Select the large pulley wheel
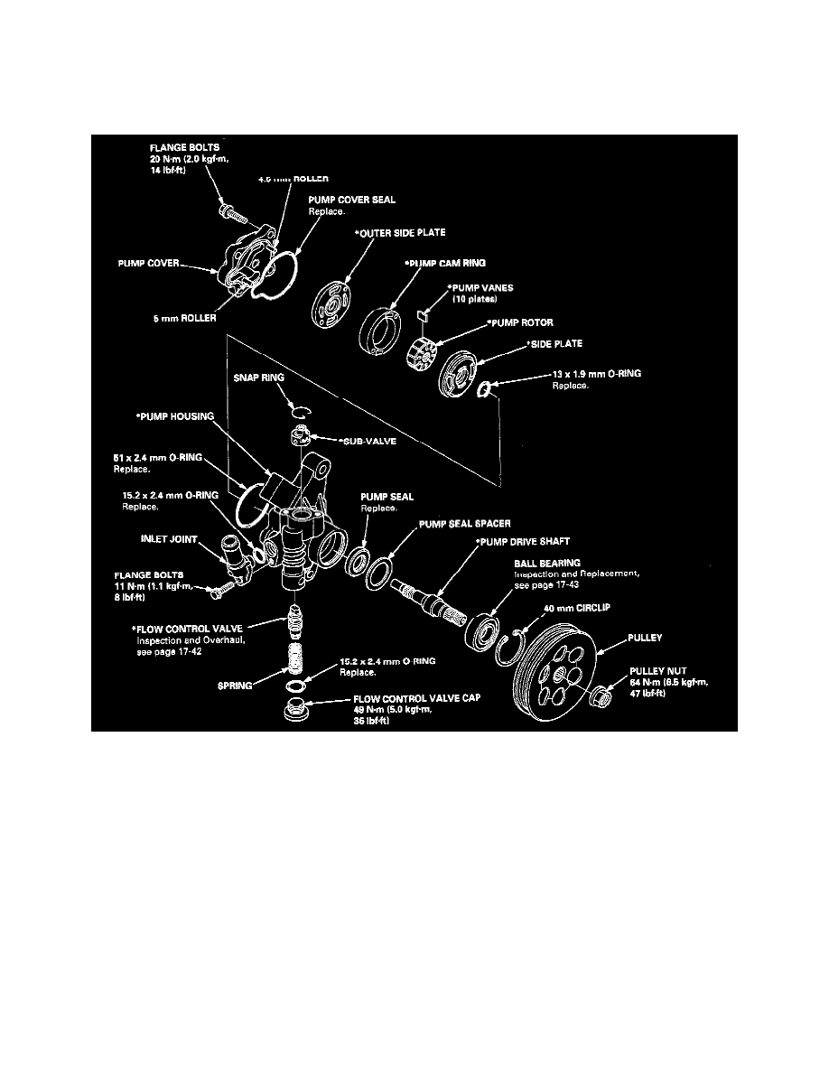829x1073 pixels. [x=552, y=675]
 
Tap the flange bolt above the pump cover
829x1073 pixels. [x=231, y=214]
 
